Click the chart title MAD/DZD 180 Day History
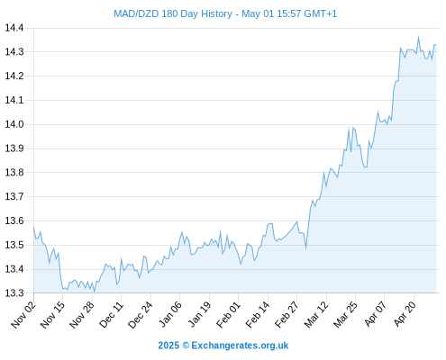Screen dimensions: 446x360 point(173,13)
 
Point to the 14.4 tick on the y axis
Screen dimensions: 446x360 point(14,28)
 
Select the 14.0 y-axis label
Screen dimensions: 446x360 point(14,124)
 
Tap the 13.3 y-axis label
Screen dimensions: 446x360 point(14,292)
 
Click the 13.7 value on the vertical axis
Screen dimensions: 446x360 point(14,196)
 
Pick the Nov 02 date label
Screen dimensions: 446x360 point(23,314)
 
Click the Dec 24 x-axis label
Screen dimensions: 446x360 point(141,314)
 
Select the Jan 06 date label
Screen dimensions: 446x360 point(170,314)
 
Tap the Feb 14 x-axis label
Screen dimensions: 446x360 point(258,314)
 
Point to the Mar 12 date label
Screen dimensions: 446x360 point(316,314)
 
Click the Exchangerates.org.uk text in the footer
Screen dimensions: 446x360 point(240,346)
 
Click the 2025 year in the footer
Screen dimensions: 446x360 point(168,346)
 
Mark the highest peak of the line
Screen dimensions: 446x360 point(418,37)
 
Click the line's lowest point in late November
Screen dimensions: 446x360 point(94,292)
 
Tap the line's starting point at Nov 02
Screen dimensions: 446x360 point(33,228)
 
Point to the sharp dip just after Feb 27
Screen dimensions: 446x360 point(306,248)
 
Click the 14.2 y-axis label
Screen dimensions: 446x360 point(14,76)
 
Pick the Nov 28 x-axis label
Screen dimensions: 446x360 point(82,314)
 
